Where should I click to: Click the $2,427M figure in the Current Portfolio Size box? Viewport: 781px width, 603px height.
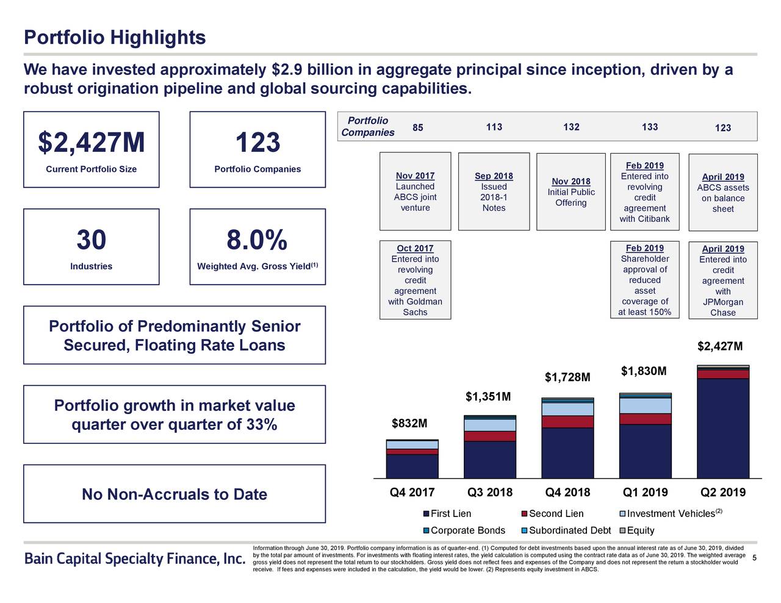click(92, 143)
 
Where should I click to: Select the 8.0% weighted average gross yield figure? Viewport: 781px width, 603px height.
click(257, 240)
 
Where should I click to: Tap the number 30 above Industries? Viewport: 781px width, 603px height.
click(91, 240)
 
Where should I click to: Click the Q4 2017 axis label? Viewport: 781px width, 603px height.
click(412, 493)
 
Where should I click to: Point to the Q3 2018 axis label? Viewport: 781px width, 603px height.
click(489, 493)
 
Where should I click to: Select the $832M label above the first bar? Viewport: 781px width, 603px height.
click(409, 423)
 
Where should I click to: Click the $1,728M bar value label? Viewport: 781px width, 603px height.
click(567, 378)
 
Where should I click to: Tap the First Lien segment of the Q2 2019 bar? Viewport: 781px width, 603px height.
click(723, 427)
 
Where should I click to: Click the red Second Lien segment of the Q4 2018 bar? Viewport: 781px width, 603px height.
click(567, 421)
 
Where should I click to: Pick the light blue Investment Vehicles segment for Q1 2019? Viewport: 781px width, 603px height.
click(645, 405)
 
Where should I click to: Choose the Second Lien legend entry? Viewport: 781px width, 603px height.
click(555, 514)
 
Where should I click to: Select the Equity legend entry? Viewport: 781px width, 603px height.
click(640, 530)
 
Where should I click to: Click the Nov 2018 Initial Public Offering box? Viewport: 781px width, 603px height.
click(570, 191)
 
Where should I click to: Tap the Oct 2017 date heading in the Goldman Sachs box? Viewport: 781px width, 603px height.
click(415, 248)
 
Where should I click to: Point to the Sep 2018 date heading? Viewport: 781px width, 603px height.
click(494, 176)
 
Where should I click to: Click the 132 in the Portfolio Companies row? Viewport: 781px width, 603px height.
click(571, 127)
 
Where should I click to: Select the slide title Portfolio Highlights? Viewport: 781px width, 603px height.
click(115, 38)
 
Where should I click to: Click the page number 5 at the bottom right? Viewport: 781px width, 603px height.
click(755, 559)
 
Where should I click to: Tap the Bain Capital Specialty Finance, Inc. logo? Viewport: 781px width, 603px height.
click(134, 559)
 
